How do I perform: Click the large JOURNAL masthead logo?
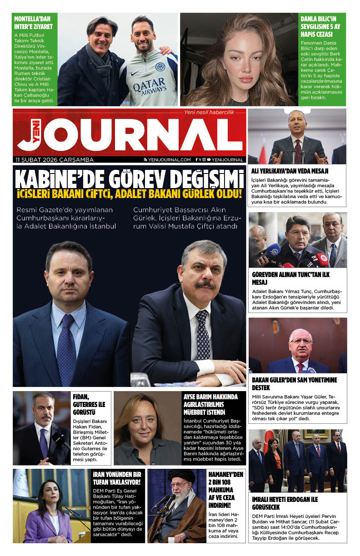coord(130,135)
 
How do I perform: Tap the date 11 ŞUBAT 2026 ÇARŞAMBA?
coord(54,160)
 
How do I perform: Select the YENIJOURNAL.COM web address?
coord(167,160)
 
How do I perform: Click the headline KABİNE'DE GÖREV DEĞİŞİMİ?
coord(128,179)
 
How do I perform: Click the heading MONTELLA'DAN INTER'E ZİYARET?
coord(33,23)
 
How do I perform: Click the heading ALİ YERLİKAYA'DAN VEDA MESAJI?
coord(287,171)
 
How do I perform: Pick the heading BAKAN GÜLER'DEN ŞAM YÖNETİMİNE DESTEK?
coord(295,384)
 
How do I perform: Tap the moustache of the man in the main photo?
coord(205,285)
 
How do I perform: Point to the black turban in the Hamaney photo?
coord(181,477)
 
